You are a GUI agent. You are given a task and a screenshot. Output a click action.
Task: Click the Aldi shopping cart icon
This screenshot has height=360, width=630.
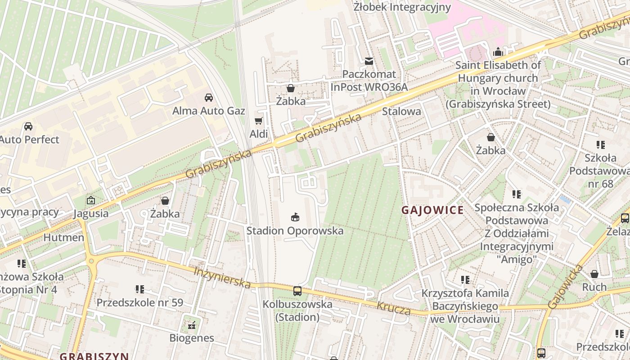[x=258, y=121]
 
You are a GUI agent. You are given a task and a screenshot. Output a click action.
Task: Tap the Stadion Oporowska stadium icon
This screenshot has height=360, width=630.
[x=295, y=217]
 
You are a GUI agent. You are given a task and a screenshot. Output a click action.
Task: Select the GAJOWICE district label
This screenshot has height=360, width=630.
[x=432, y=210]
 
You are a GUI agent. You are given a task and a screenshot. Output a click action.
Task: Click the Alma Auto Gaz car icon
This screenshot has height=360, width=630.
[x=209, y=97]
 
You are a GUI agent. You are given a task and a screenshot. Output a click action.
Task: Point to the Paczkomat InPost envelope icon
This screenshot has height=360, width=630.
[x=369, y=61]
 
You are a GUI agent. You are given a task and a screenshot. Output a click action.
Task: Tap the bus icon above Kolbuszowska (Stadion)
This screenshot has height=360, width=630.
[x=297, y=291]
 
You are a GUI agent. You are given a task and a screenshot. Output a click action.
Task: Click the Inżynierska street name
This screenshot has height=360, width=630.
[x=222, y=278]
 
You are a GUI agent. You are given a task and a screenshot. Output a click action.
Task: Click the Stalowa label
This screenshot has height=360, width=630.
[x=401, y=111]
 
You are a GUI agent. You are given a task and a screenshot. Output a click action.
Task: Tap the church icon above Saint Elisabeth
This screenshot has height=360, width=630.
[x=498, y=52]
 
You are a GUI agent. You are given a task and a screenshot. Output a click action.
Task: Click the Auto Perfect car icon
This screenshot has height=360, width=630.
[x=28, y=126]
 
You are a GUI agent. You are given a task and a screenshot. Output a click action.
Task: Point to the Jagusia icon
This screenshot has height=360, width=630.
[x=91, y=200]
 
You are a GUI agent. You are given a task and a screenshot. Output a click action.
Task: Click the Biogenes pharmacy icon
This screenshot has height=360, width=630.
[x=192, y=324]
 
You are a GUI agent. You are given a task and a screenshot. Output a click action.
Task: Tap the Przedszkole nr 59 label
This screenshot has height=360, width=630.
[x=140, y=302]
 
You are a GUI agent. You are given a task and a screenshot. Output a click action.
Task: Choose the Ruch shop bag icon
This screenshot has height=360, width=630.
[x=594, y=274]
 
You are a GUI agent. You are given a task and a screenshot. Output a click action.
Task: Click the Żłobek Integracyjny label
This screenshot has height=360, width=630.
[x=402, y=7]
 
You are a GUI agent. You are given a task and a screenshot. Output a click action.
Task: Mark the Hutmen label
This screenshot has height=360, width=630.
[x=63, y=237]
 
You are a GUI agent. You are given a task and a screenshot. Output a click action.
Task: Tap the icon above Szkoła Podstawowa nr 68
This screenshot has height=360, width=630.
[x=600, y=145]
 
